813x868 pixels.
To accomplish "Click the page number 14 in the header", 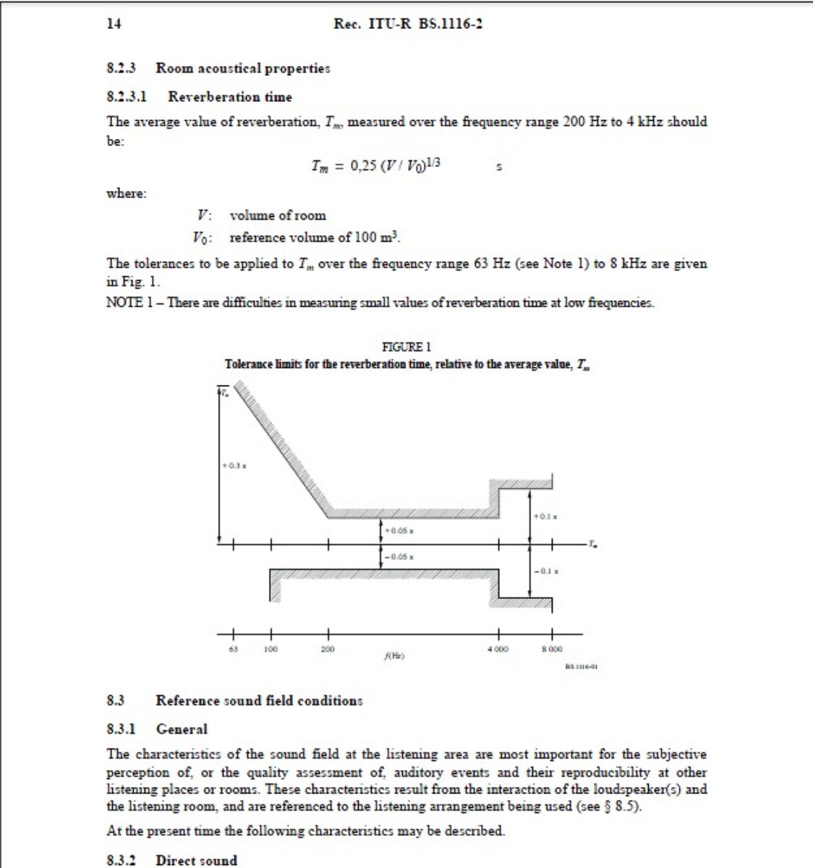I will coord(114,24).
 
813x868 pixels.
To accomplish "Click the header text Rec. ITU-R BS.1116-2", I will coord(408,24).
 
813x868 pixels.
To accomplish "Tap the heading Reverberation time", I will coord(230,97).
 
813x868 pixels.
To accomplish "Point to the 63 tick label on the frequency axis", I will coord(233,649).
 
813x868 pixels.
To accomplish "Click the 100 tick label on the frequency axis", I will coord(271,649).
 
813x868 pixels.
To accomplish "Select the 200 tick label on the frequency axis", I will coord(328,649).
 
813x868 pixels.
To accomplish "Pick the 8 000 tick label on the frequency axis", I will coord(552,649).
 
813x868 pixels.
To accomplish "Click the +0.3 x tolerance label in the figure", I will coord(234,466).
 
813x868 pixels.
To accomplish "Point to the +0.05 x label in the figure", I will coord(399,531).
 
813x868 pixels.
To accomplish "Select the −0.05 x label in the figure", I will coord(399,556).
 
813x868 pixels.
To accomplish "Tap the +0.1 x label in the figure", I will coord(545,516).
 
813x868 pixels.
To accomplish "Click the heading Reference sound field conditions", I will coord(259,700).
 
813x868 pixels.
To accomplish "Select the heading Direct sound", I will coord(197,860).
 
